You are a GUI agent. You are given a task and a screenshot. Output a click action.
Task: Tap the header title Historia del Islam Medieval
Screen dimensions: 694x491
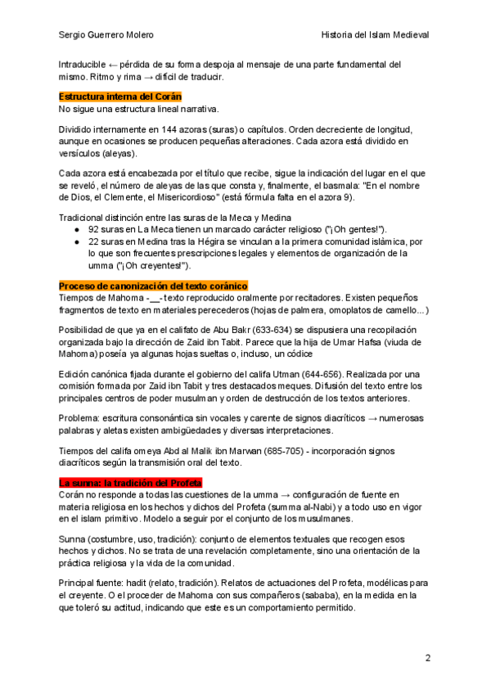376,35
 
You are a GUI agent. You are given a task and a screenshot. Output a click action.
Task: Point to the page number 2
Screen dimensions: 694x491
427,658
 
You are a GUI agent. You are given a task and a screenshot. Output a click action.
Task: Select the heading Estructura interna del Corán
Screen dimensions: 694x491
119,97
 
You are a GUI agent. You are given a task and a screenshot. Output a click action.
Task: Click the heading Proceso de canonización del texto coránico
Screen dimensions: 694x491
153,286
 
